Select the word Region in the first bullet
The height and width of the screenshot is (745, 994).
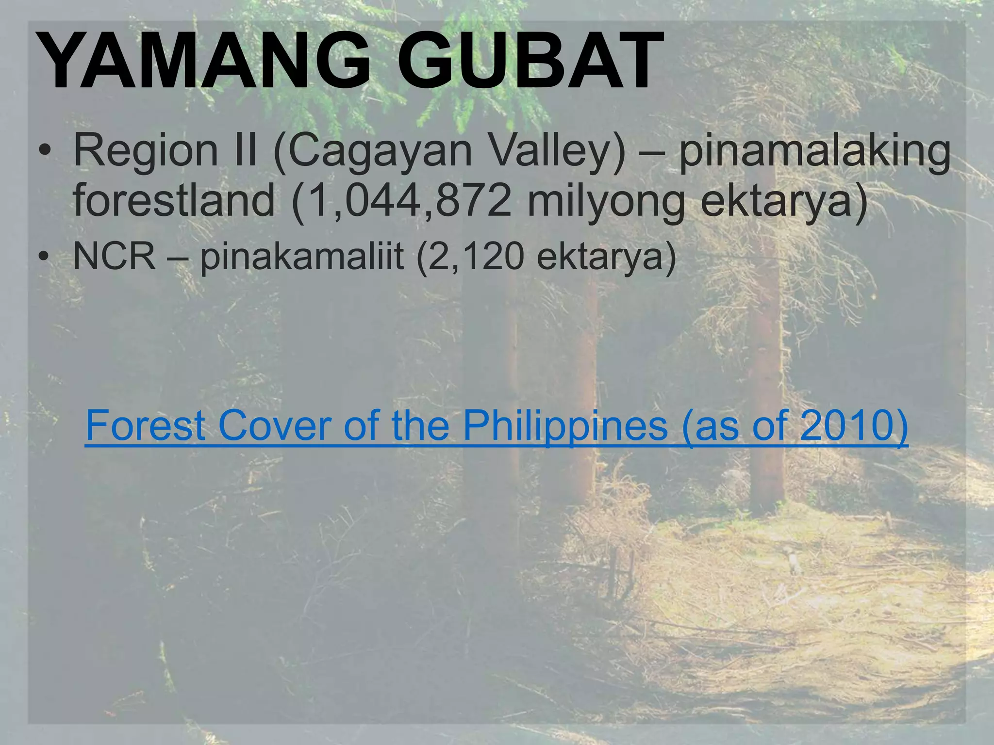click(146, 151)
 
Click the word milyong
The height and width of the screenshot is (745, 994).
click(606, 201)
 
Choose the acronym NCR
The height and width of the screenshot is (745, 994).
click(115, 256)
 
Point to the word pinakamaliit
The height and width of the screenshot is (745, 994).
click(301, 257)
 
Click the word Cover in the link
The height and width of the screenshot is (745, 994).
click(275, 425)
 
